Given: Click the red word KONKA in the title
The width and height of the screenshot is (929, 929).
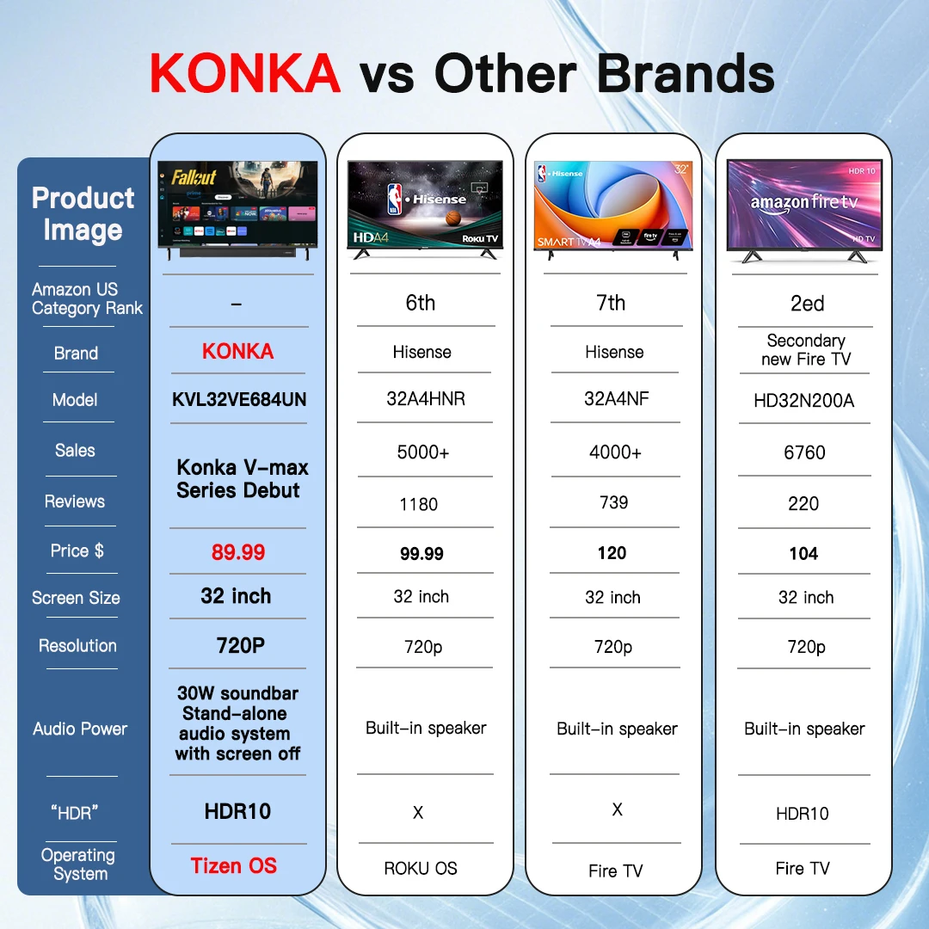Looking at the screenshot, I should [x=245, y=74].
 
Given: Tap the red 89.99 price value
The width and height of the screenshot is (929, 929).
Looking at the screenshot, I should [x=238, y=552].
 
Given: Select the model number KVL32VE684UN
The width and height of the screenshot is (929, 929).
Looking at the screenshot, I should [x=239, y=400].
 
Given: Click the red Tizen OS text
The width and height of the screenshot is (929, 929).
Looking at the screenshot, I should [x=234, y=866].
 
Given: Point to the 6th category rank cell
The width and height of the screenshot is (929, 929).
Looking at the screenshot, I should [x=420, y=303].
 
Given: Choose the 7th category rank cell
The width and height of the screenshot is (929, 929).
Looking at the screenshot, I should [x=612, y=303].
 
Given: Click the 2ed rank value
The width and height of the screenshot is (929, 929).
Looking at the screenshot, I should [x=807, y=304].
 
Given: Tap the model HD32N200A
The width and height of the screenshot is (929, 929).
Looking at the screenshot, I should [x=804, y=401].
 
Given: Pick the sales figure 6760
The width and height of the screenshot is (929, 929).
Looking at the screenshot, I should [x=804, y=452].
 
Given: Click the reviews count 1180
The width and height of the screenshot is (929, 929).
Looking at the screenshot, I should [x=419, y=504].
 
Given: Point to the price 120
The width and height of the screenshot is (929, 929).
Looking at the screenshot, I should [x=612, y=553].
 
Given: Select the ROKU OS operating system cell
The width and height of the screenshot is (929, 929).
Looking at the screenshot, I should [x=421, y=869].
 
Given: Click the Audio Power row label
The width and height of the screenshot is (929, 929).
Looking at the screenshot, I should [x=80, y=729].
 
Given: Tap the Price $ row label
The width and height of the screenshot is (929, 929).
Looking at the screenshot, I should [x=77, y=551].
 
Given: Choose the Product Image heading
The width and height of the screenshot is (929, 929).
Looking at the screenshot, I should [x=83, y=214].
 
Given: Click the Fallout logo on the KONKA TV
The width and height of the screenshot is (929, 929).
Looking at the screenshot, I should [x=194, y=177].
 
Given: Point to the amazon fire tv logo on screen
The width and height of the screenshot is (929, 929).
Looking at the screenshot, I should [x=803, y=203].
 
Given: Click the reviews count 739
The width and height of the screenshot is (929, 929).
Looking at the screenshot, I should [x=613, y=502].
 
